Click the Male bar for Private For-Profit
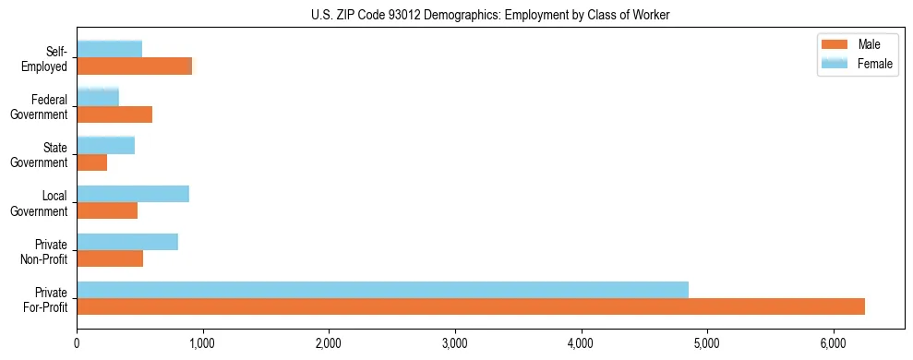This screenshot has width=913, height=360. pos(471,306)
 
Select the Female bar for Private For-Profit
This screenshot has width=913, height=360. pos(382,290)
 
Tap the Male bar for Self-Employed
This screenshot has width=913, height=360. pos(135,66)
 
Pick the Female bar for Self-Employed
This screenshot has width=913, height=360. pos(109,49)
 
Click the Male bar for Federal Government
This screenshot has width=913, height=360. pos(114,114)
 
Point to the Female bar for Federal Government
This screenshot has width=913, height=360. pos(98,97)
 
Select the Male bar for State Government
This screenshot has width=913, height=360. pos(92,162)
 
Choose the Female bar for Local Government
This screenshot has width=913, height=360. pos(133,194)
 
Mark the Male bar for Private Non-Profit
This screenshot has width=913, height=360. pos(110,258)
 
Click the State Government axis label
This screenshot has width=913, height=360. pos(40,154)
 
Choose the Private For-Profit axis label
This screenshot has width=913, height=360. pos(46,299)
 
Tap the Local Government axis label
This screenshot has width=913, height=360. pos(40,203)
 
